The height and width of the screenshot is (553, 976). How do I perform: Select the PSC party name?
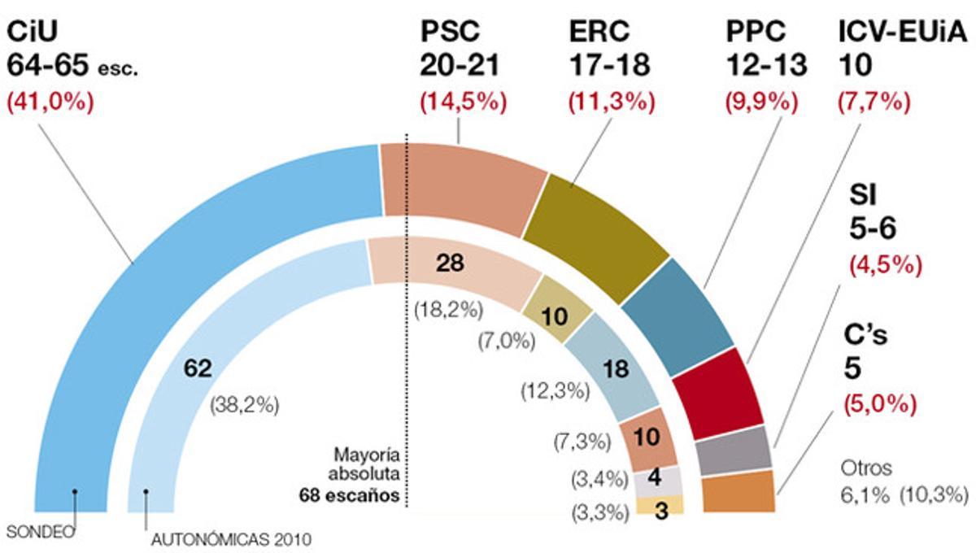(x=450, y=32)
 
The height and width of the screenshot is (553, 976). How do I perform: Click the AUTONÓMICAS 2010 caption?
(x=231, y=538)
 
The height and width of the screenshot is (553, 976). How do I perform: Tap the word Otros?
(x=866, y=468)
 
